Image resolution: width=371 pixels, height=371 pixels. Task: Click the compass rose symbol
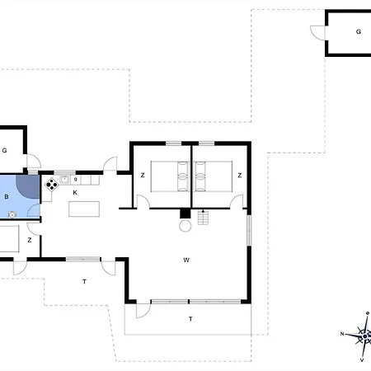pos(364,336)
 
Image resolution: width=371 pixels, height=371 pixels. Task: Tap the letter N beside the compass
pos(342,334)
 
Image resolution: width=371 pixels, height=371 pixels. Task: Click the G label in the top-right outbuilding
pos(359,32)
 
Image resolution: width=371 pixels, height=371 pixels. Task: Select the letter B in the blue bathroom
pos(7,197)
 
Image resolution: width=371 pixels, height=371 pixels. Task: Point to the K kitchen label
pos(75,193)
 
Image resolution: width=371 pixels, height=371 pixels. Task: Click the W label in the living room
pos(186,260)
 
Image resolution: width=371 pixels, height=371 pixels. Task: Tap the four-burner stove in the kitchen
pos(51,185)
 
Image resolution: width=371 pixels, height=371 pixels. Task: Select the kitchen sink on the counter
pos(64,180)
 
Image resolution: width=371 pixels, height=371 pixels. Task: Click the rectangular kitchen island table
pos(84,209)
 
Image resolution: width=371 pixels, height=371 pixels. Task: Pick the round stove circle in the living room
pos(185,226)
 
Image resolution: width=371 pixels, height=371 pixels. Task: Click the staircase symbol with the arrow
pos(203,217)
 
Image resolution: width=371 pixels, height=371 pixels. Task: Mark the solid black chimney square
pos(185,214)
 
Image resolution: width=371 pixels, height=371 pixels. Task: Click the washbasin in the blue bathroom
pos(12,214)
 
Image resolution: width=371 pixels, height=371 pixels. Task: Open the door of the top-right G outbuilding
pos(319,33)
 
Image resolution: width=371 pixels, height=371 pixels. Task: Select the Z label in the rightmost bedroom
pos(240,176)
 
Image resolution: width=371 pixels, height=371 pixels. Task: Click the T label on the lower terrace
pos(190,319)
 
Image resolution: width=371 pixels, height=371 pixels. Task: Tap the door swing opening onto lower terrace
pos(143,311)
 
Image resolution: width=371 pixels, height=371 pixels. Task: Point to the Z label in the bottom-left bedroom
pos(30,240)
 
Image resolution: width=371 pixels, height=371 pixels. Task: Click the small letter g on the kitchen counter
pos(75,180)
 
